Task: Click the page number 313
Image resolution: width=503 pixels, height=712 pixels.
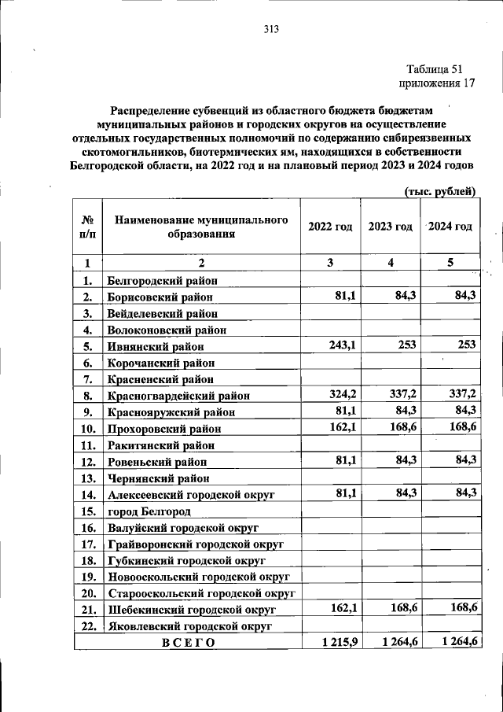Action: point(271,30)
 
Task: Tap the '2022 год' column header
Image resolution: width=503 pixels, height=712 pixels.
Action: point(330,227)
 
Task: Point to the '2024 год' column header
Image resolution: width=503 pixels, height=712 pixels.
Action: point(450,227)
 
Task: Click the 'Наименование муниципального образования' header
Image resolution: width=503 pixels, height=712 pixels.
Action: point(201,227)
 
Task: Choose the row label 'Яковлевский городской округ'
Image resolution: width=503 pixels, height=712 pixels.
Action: point(189,626)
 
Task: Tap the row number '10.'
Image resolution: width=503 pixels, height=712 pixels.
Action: point(89,429)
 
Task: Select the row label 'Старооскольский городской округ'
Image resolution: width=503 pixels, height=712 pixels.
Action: point(200,593)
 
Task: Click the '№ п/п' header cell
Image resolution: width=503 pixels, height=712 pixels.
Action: point(89,227)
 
